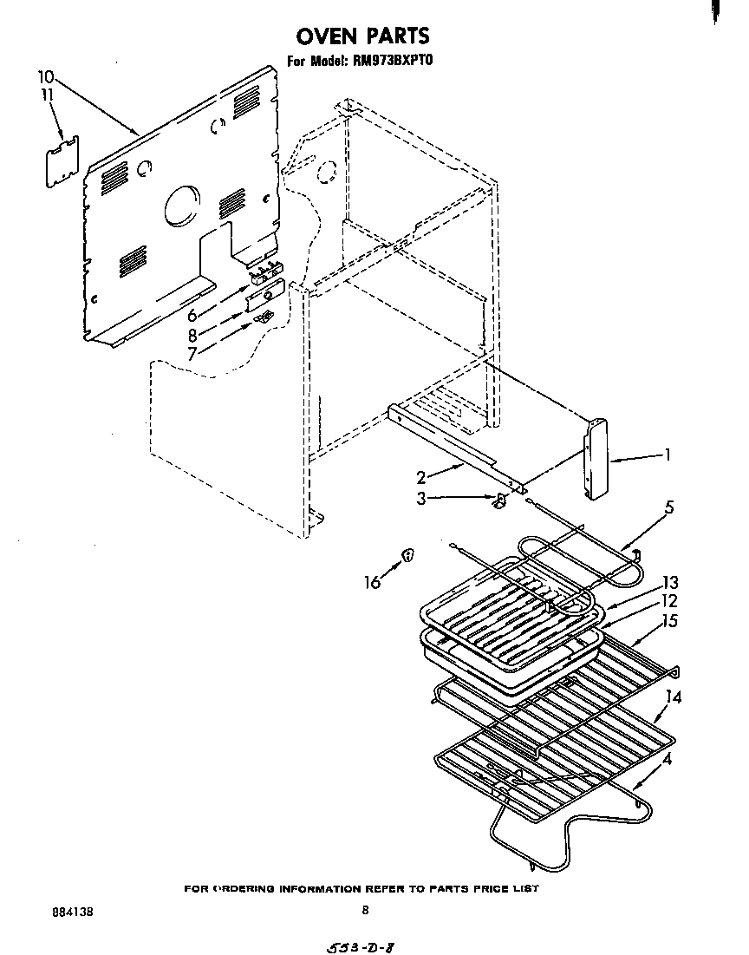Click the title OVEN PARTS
point(362,36)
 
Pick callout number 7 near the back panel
point(192,353)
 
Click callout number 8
point(192,335)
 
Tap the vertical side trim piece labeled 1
point(596,461)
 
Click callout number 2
point(420,477)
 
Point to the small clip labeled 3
point(498,500)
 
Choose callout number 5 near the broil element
point(669,507)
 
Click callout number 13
point(670,583)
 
